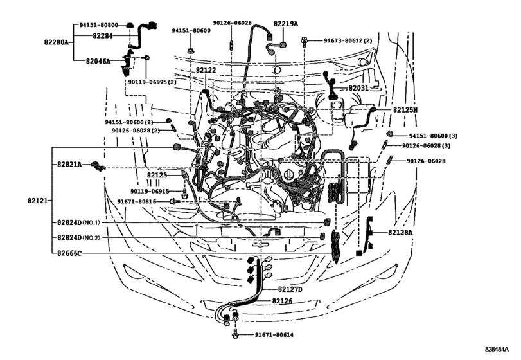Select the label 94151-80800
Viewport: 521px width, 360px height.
(99, 25)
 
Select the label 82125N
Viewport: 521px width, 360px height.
(406, 110)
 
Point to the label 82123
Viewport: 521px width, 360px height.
(157, 175)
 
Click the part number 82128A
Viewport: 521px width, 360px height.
(402, 232)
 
